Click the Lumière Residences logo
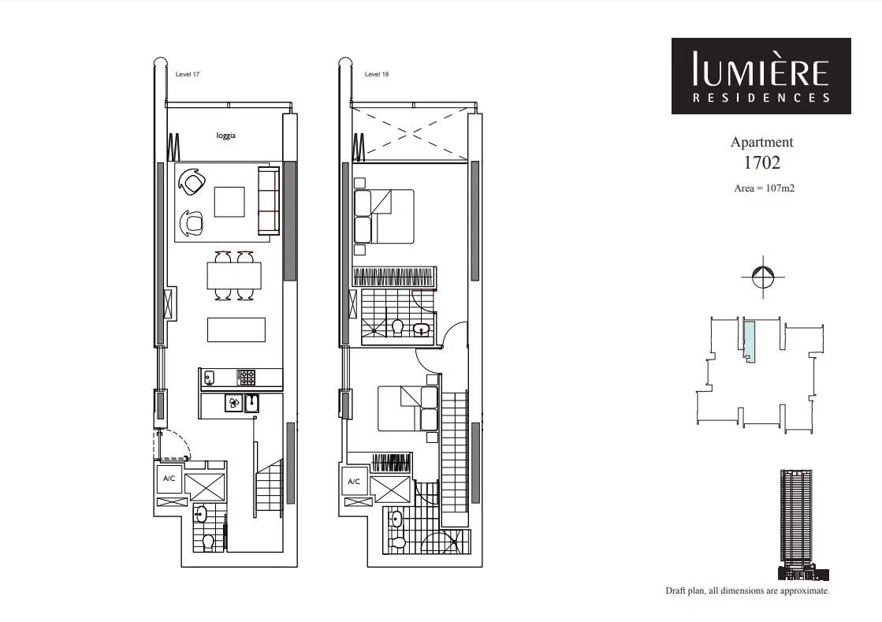click(761, 76)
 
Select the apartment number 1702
click(761, 163)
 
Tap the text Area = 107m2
click(761, 188)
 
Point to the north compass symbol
click(763, 277)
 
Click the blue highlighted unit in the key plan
click(750, 341)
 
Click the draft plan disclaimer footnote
click(747, 590)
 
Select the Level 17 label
click(188, 75)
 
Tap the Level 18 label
click(377, 75)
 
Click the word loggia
click(226, 135)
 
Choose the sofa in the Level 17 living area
click(269, 200)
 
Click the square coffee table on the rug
click(230, 201)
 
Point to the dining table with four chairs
click(234, 276)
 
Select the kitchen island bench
click(236, 330)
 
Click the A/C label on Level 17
click(169, 479)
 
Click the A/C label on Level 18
click(354, 481)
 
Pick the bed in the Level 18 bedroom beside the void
click(384, 216)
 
